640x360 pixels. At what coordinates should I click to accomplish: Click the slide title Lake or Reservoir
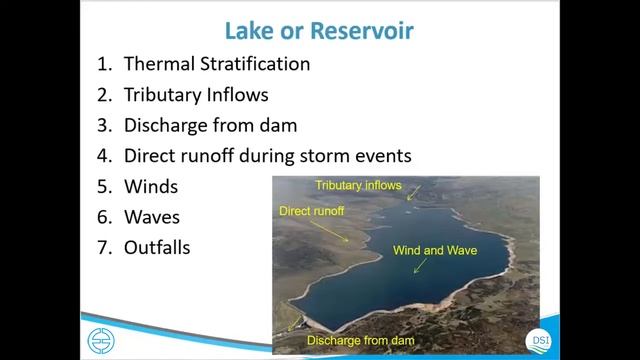(319, 29)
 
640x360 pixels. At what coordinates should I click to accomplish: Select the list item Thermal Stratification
(216, 64)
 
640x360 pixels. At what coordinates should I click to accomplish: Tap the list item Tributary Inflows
(196, 95)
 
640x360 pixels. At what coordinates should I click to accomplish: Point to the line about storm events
(267, 156)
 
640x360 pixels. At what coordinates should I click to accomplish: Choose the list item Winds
(151, 186)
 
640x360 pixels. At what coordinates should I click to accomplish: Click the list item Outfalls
(157, 246)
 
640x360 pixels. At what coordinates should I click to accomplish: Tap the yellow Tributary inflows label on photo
(358, 185)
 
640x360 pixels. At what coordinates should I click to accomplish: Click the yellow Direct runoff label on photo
(310, 211)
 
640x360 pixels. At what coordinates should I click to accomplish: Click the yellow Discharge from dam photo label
(360, 341)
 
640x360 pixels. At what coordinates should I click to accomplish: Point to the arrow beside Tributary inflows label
(413, 191)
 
